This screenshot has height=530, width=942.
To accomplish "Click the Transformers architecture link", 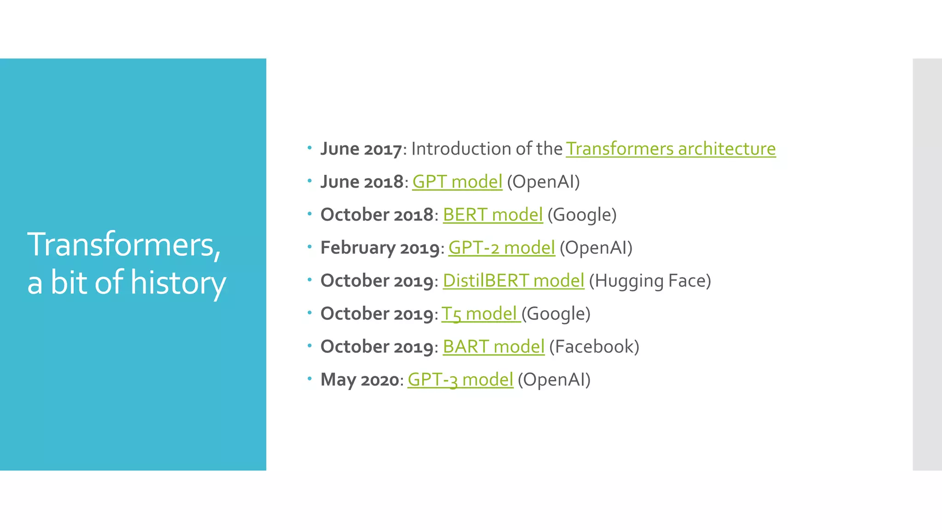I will pos(671,149).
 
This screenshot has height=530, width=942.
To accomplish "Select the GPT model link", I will pos(457,182).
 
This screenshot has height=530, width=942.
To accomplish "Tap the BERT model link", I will pos(493,215).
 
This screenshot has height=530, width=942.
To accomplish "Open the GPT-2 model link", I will pos(501,248).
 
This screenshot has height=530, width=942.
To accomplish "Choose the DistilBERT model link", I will pos(513,281).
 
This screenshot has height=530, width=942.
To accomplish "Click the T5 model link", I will pos(481,314).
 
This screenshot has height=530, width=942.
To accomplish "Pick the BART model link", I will pos(494,347).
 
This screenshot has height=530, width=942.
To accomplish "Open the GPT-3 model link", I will pos(460,380).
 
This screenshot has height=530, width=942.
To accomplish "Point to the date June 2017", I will pos(361,149).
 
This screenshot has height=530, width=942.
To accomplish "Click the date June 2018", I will pos(362,182).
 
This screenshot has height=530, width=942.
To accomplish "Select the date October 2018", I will pos(377,215).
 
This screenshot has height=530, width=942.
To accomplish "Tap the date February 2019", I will pos(380,248).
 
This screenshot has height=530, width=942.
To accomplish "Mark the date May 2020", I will pos(360,380).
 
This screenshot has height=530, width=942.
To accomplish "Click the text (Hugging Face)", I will pos(650,281).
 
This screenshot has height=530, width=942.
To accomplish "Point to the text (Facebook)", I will pos(594,347).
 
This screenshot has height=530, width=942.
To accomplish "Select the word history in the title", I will pos(178,282).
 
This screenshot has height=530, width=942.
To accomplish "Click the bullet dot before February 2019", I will pos(310,247).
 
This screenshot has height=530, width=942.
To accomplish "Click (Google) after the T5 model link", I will pos(556,314).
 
